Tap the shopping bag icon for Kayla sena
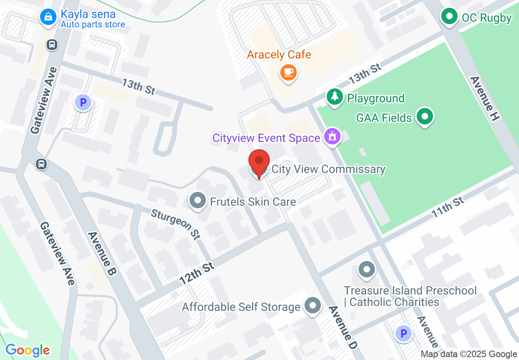click(48, 17)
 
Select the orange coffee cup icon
click(289, 72)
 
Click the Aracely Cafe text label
click(279, 54)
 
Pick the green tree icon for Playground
click(335, 97)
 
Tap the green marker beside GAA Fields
click(424, 117)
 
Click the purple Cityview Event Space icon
click(332, 136)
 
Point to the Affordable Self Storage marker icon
click(313, 306)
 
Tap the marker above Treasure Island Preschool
click(366, 270)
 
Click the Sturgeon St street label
click(176, 224)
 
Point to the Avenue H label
click(485, 98)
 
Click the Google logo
click(27, 350)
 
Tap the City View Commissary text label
click(329, 169)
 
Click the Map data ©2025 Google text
click(469, 354)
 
